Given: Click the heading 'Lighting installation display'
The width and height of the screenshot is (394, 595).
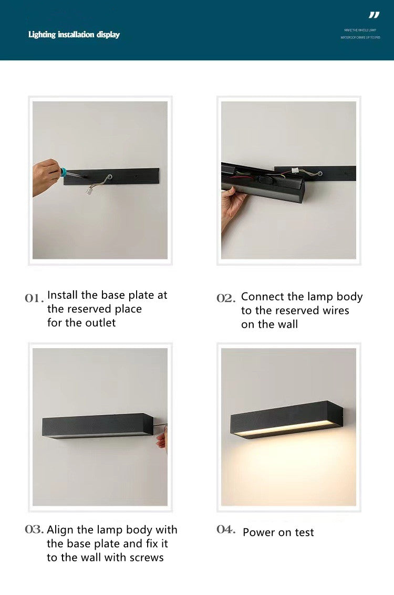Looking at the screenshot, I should click(x=74, y=35).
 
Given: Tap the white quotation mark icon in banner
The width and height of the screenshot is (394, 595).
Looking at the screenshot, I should click(x=374, y=15).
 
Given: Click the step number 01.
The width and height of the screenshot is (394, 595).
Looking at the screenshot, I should click(x=34, y=298).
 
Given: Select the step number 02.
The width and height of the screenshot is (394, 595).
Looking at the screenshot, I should click(x=226, y=298).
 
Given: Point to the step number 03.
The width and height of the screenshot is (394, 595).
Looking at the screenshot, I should click(x=34, y=529).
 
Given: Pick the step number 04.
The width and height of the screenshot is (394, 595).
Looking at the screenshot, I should click(x=226, y=529).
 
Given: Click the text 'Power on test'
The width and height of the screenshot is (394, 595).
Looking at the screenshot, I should click(x=278, y=533).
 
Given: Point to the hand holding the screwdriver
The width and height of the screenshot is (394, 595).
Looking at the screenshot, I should click(x=45, y=176).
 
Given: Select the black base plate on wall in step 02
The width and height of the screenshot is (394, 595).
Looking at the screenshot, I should click(x=326, y=173).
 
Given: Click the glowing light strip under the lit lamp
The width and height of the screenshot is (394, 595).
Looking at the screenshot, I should click(x=284, y=430).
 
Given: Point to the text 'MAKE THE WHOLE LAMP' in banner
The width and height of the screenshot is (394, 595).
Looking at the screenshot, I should click(x=360, y=30).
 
